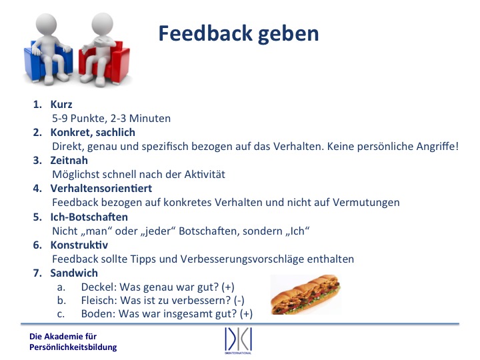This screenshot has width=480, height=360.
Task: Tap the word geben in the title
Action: click(x=289, y=35)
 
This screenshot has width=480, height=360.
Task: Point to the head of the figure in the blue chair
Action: click(x=46, y=24)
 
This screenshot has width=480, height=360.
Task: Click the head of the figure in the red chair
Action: click(x=102, y=23)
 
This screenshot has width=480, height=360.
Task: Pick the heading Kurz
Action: click(x=61, y=105)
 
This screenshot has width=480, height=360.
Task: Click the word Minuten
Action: click(x=150, y=118)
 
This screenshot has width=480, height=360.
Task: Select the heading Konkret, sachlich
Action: click(x=93, y=132)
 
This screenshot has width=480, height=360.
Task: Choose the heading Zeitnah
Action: click(x=69, y=160)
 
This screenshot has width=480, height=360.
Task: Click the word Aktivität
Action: click(x=205, y=174)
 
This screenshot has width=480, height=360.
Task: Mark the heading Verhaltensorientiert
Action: click(x=101, y=188)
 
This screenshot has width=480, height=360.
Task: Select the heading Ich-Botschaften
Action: click(x=89, y=217)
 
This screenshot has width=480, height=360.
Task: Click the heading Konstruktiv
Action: click(x=79, y=245)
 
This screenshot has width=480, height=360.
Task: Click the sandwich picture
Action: click(x=305, y=294)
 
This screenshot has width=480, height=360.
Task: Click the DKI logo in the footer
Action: click(x=238, y=341)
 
